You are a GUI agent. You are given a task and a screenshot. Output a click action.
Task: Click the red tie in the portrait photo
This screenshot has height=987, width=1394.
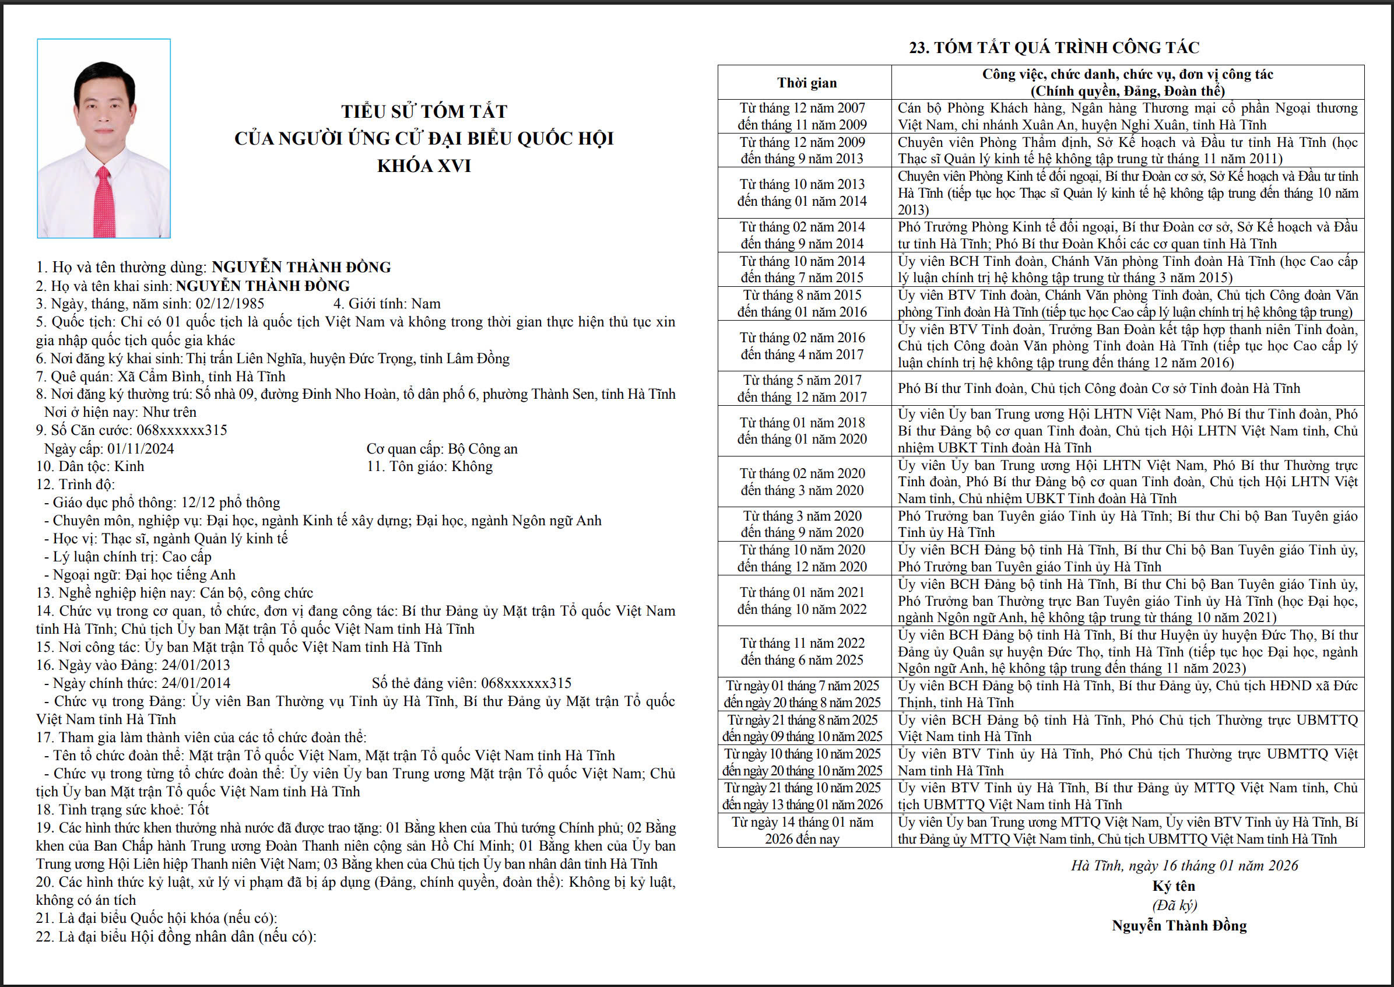tap(104, 203)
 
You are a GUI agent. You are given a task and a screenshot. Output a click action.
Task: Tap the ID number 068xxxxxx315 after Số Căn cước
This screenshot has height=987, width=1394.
tap(182, 430)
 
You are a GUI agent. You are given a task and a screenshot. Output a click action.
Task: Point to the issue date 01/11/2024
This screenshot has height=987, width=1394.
tap(141, 448)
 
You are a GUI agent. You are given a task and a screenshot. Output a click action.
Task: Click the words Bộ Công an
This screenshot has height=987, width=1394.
tap(483, 448)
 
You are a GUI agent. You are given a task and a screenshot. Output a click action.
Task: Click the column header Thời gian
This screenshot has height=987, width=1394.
tap(806, 83)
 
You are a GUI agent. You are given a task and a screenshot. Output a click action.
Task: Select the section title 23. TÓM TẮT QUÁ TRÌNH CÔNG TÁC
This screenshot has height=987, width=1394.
tap(1054, 47)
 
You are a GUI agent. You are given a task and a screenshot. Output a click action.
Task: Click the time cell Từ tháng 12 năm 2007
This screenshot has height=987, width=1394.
tap(802, 108)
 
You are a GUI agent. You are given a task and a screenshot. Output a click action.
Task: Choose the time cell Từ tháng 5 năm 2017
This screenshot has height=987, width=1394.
tap(802, 381)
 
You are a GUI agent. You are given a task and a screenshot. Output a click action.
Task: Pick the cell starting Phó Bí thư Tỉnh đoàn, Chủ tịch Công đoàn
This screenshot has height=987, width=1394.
tap(1098, 388)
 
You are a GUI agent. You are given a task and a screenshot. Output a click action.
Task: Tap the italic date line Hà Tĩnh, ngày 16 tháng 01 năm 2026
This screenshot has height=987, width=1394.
tap(1184, 866)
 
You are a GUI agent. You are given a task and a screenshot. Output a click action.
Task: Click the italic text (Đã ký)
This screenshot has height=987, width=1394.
tap(1175, 905)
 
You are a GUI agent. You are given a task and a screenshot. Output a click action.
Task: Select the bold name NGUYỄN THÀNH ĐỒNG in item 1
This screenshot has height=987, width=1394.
tap(301, 268)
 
